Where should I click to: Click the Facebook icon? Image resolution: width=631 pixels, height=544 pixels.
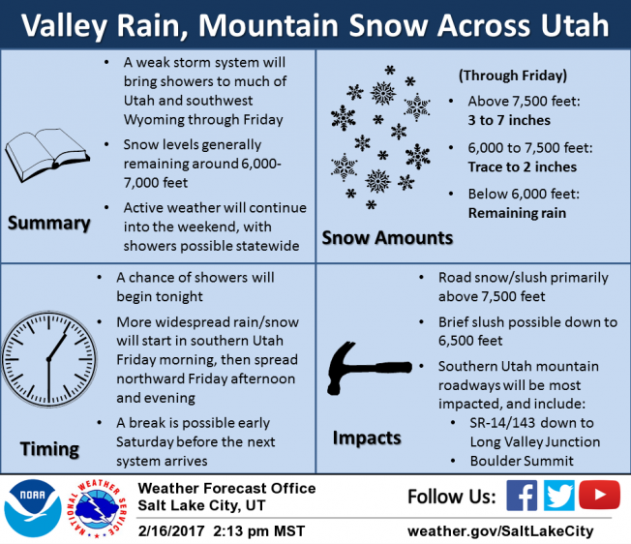[x=522, y=496]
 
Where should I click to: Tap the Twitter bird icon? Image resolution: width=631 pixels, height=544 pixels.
[x=559, y=496]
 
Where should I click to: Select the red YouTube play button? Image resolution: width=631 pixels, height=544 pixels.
[x=600, y=495]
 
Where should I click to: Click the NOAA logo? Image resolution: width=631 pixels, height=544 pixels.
[x=33, y=508]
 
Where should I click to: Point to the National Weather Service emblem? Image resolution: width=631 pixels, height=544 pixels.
[x=97, y=508]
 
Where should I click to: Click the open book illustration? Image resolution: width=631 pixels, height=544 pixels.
[x=47, y=155]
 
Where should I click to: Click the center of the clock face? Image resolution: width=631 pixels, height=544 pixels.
[x=48, y=359]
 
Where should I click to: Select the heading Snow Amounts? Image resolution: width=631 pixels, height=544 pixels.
[x=387, y=238]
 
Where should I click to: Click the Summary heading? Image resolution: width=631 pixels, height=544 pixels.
[x=48, y=224]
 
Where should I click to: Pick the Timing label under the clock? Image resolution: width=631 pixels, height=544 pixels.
[x=49, y=449]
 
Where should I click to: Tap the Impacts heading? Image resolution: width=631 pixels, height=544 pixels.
[x=367, y=438]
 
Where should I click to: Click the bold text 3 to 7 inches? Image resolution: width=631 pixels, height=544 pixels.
[x=509, y=120]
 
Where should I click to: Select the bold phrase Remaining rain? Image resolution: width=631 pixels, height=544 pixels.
[x=517, y=212]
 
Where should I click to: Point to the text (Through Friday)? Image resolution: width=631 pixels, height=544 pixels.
[x=513, y=76]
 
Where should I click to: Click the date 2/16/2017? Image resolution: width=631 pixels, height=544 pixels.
[x=171, y=530]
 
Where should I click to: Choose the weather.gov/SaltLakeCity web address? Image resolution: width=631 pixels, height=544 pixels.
[x=500, y=531]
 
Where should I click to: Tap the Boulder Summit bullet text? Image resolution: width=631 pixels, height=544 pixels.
[x=522, y=461]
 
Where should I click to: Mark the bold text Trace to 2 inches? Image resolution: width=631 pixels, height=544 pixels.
[x=523, y=166]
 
